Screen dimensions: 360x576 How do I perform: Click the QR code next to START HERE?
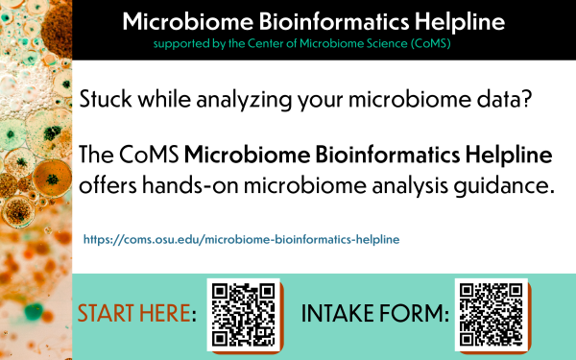click(243, 314)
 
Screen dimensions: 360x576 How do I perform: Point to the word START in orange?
click(109, 315)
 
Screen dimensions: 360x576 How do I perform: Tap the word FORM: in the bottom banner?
click(419, 315)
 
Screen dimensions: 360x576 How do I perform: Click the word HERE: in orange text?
click(170, 315)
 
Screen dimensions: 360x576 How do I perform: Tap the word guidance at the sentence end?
click(501, 185)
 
